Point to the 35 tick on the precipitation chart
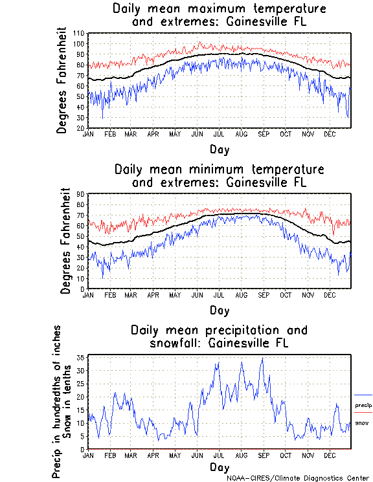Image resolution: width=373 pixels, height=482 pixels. pos(81,357)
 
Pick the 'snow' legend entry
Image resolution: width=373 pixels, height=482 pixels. pos(362,422)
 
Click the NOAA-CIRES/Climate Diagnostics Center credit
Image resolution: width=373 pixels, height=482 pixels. pos(297,477)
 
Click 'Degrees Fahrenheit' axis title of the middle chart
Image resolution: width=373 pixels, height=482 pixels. pos(64,241)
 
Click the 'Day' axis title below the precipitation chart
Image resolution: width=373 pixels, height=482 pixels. pos(219,466)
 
